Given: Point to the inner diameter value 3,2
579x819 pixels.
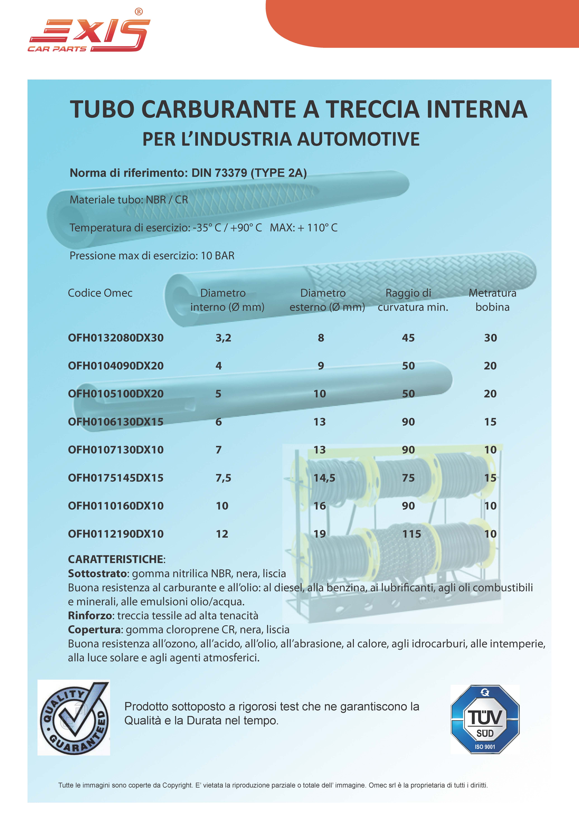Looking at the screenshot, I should click(x=223, y=338).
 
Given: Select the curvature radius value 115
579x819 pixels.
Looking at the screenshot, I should click(x=412, y=534).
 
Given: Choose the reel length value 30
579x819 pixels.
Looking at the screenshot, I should click(x=490, y=338).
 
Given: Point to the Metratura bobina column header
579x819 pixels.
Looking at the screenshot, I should click(x=492, y=300).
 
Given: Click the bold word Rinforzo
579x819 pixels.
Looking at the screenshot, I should click(x=90, y=616).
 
